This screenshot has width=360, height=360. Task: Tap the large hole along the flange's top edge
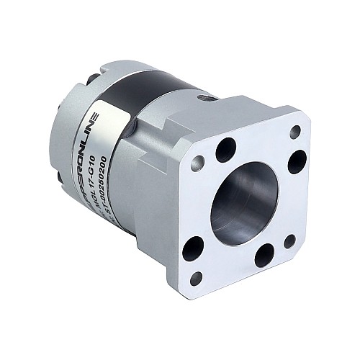click(225, 150)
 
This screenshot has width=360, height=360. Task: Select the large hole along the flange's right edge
click(297, 161)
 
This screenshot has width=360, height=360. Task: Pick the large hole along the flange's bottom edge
click(264, 256)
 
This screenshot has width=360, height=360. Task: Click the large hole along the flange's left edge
click(193, 248)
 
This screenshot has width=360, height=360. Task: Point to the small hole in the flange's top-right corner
click(295, 132)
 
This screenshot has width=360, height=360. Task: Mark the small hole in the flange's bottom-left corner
click(195, 277)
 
